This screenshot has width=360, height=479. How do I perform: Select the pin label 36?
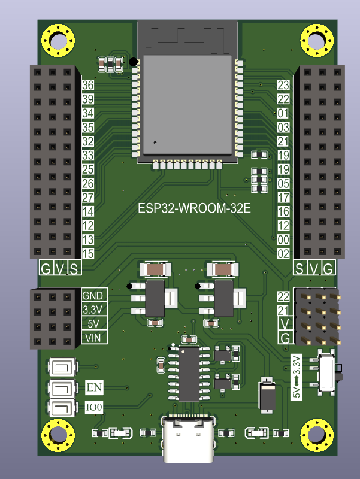coord(88,85)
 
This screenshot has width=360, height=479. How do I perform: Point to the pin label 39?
coord(88,99)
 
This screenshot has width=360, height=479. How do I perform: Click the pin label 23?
coord(283,85)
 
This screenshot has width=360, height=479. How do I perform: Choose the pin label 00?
coord(283,239)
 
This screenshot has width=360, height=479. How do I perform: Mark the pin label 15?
coord(88,254)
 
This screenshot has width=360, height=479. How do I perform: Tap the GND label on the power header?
coord(92,296)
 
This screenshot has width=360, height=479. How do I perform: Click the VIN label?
coord(92,338)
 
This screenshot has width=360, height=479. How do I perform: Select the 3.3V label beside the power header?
coord(92,310)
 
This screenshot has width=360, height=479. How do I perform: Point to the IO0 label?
coord(95,408)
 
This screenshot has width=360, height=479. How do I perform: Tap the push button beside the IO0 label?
coord(62,408)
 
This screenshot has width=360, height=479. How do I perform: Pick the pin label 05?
coord(283,183)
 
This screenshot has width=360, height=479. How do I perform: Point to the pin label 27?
coord(88,198)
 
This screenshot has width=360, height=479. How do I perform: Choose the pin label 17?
coord(283,198)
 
